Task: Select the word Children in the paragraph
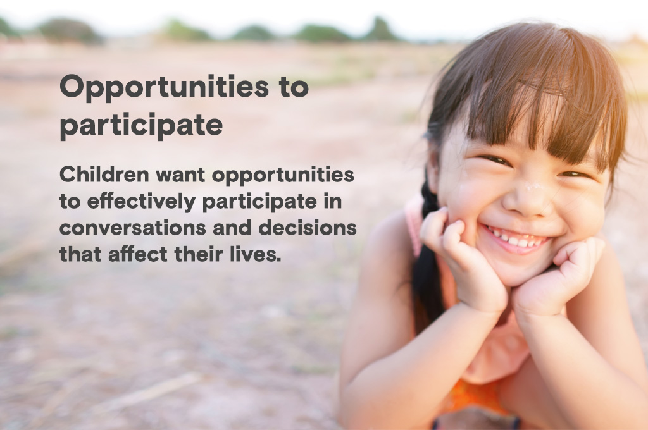104,175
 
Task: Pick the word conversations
133,228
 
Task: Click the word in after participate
333,201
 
